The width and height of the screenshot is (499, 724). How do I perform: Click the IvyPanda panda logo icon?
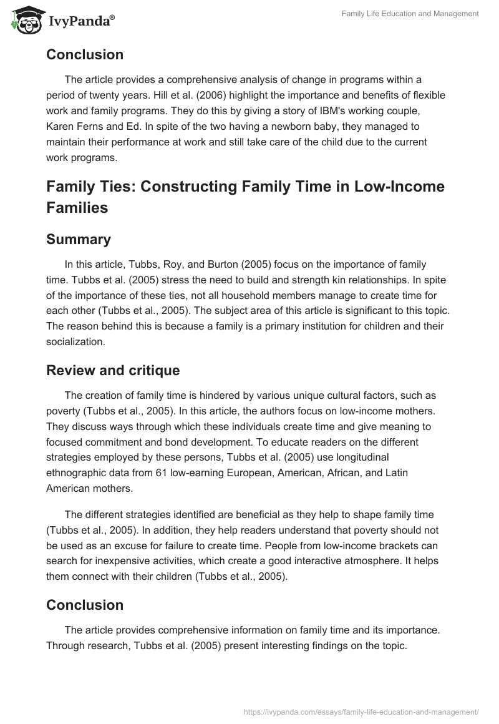24,20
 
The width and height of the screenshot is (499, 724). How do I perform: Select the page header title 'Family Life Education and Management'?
410,13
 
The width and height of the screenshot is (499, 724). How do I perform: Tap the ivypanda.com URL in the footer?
361,710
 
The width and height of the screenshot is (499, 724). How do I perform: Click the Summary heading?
79,239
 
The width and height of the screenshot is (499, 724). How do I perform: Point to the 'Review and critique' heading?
113,370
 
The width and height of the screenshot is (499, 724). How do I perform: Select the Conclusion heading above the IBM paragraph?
85,54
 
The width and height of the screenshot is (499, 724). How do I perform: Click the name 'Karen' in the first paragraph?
61,127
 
